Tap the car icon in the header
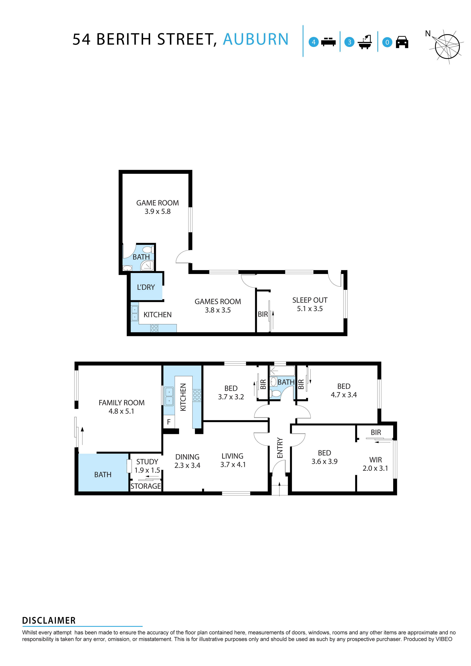[402, 42]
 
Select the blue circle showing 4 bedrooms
[313, 42]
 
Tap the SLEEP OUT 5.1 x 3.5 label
[310, 304]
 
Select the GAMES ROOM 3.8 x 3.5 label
[218, 306]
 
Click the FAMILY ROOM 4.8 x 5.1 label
[121, 407]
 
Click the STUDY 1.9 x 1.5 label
[147, 466]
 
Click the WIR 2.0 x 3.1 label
[375, 464]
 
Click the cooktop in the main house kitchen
[197, 395]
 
